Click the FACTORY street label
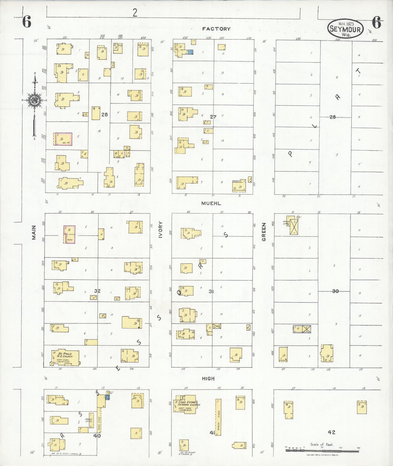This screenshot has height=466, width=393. [216, 29]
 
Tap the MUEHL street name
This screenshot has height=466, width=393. [211, 203]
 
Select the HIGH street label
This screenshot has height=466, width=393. [208, 378]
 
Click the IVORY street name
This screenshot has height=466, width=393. [160, 230]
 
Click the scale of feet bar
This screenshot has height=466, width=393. [322, 451]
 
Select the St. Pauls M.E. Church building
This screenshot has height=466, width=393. [66, 357]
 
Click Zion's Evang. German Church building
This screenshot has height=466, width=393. [187, 404]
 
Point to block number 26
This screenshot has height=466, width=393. [104, 114]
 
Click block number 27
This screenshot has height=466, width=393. [213, 117]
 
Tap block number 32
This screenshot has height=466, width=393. [97, 291]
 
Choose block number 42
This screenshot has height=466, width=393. [331, 432]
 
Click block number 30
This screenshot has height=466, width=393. [335, 291]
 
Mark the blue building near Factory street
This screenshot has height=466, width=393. [190, 52]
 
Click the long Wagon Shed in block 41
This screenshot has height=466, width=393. [218, 417]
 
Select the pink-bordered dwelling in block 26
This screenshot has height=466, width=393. [64, 139]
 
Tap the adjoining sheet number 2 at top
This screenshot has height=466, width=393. [135, 13]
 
